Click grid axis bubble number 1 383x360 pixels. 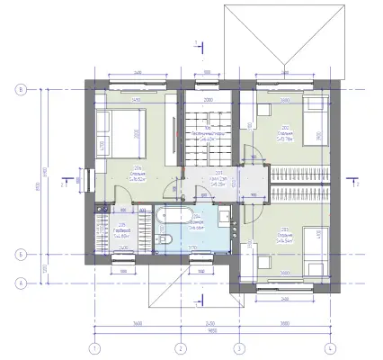coord(94,347)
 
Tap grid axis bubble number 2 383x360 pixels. coord(180,347)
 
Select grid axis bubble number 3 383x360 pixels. coord(239,347)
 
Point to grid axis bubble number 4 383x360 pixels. coord(330,347)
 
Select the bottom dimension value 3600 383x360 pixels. coord(135,321)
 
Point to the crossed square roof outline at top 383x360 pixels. coord(281,33)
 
